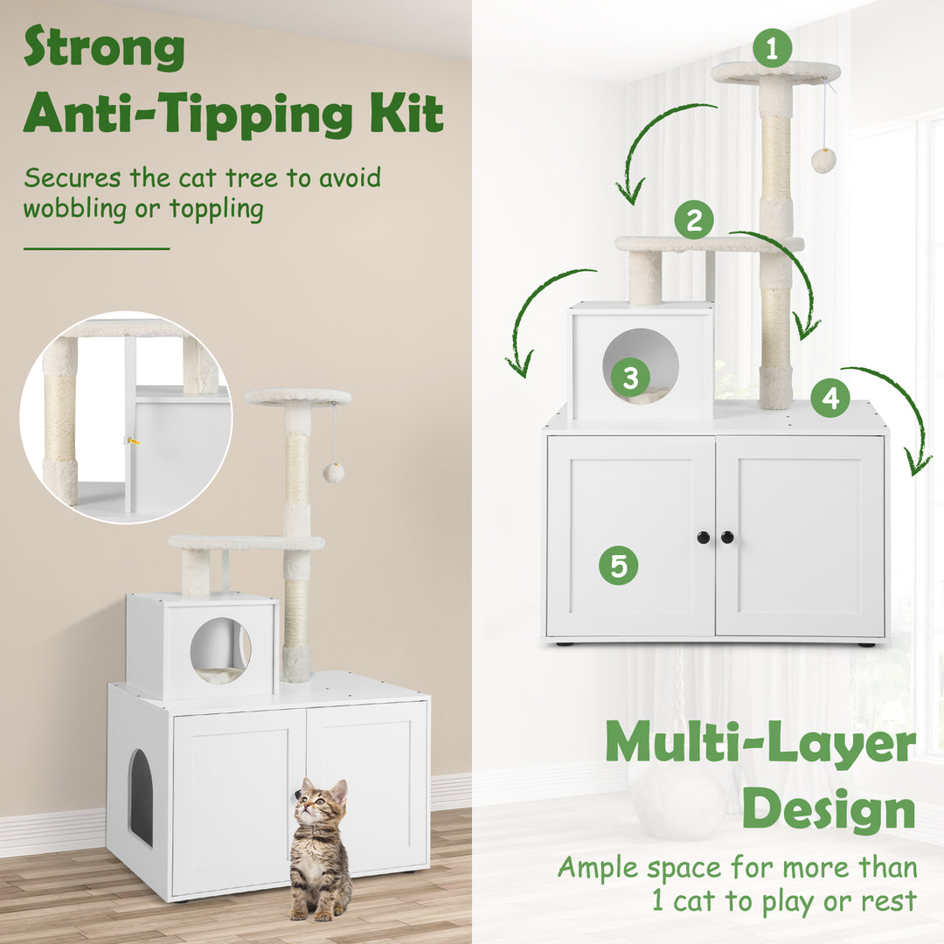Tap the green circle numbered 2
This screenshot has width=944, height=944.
tap(693, 220)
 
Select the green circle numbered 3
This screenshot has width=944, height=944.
tap(629, 378)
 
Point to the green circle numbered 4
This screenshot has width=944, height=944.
tap(829, 399)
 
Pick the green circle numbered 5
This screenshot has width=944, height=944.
tap(618, 566)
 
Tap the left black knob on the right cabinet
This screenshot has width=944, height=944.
tap(704, 538)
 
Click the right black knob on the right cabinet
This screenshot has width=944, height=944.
tap(727, 538)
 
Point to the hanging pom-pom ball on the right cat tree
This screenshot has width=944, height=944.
tap(823, 160)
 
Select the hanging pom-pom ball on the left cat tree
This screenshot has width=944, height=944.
tap(333, 473)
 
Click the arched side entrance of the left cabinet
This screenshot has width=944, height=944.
tap(141, 797)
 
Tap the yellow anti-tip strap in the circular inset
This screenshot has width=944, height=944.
tap(134, 441)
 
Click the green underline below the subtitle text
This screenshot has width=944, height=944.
tap(96, 249)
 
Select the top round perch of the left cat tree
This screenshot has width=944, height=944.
tap(297, 397)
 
